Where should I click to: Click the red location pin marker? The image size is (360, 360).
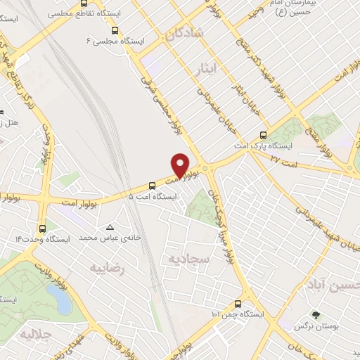point(181,165)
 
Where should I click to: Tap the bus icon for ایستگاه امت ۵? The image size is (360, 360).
point(153,185)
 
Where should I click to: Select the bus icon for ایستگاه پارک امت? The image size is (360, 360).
point(264,135)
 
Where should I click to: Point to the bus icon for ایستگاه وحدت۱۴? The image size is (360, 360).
point(44,228)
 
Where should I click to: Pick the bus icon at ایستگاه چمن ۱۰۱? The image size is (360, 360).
point(237,304)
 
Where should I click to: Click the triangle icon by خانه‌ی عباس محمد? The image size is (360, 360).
point(110,227)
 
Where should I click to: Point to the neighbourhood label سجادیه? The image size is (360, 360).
point(188,259)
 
